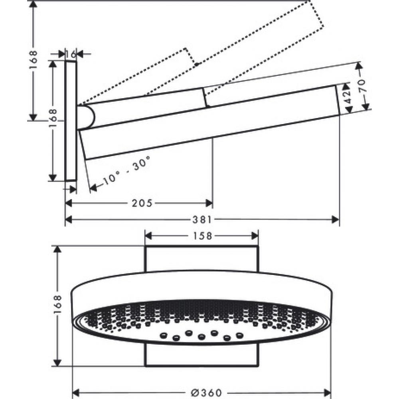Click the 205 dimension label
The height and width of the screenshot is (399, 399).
pos(142,203)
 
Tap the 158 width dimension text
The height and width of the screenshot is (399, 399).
pos(201,235)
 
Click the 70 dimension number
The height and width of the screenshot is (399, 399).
pos(361,86)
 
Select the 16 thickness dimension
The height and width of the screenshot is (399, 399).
pos(71,53)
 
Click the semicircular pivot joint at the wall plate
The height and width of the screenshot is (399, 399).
pos(87,117)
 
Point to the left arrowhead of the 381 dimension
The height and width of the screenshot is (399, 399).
pos(69,219)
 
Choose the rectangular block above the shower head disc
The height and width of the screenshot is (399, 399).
pos(201,259)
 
